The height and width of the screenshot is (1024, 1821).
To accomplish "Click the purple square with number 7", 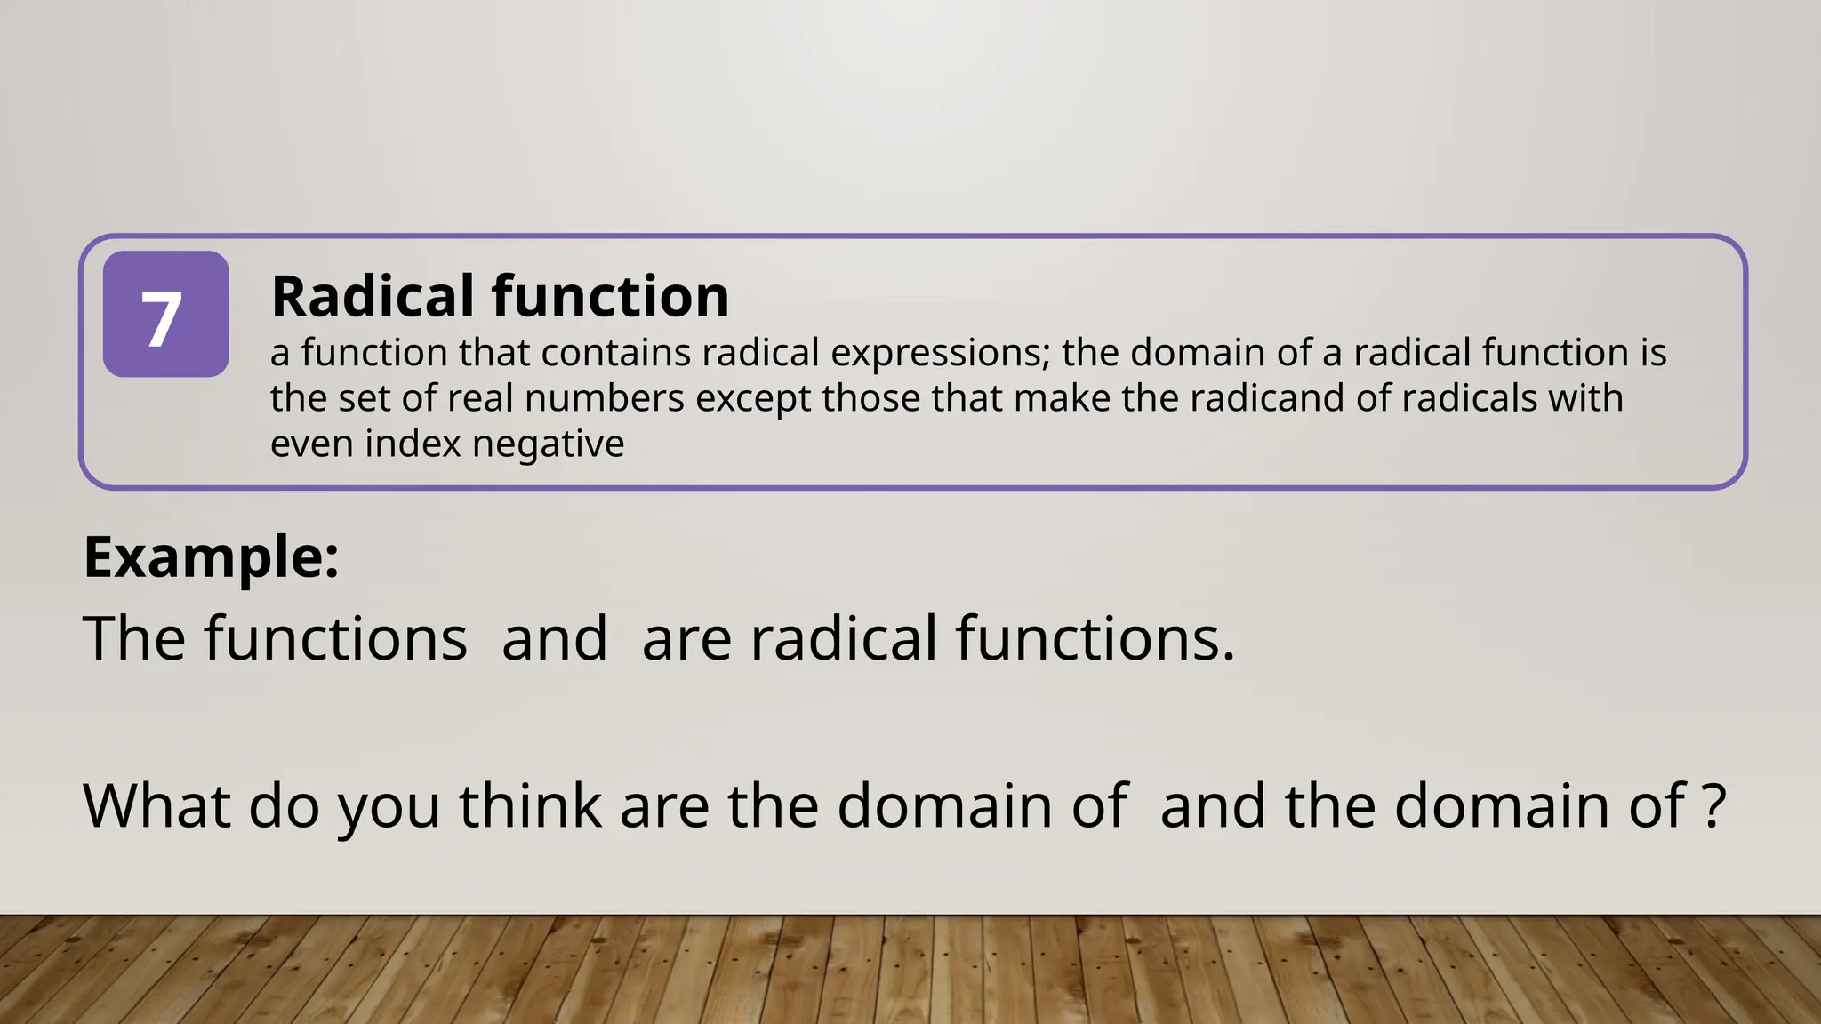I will pos(165,314).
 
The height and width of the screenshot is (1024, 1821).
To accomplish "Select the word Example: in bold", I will pos(212,558).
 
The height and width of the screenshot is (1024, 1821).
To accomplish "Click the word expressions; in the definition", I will pos(941,354).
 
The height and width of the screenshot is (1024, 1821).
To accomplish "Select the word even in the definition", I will pos(312,444).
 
